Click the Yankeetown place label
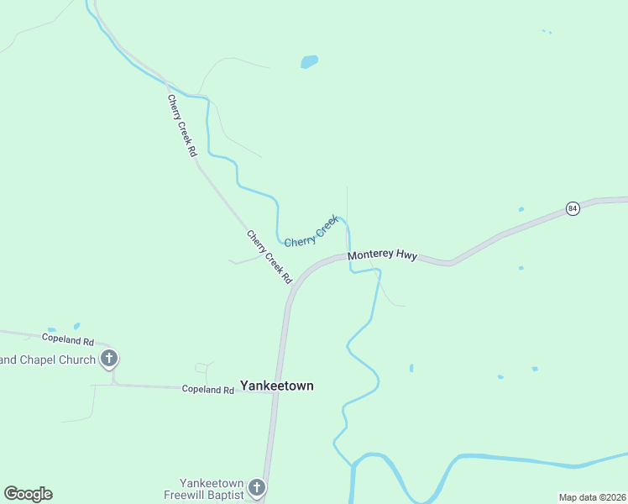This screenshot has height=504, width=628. (x=277, y=386)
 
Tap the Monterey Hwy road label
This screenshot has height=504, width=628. (x=382, y=255)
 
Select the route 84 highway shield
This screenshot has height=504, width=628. (x=573, y=208)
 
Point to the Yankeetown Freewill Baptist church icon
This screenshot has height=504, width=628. (x=257, y=486)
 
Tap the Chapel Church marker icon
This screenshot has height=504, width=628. (x=108, y=359)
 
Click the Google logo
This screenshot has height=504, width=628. (x=28, y=494)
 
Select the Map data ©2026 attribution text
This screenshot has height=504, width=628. (x=593, y=497)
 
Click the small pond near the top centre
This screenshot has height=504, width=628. (x=310, y=61)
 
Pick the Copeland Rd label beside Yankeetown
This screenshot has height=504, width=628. (x=208, y=390)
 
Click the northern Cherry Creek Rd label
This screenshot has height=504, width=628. (x=181, y=126)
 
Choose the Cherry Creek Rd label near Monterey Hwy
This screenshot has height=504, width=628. (x=269, y=256)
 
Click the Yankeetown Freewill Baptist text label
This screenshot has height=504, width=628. (x=203, y=490)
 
